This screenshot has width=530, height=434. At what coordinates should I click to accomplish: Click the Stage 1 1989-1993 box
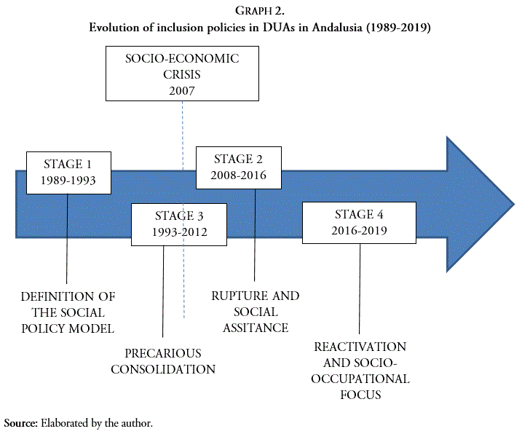coord(68,172)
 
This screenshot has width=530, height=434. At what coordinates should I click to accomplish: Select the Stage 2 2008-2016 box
coord(240,167)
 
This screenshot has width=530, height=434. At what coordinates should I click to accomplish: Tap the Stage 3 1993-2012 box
coord(180,224)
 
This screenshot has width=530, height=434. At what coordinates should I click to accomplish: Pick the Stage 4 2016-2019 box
coord(358,223)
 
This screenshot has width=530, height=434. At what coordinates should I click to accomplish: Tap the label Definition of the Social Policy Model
coord(68,312)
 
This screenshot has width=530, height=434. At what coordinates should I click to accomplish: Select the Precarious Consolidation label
coord(163,361)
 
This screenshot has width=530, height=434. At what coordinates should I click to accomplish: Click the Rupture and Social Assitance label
coord(255,312)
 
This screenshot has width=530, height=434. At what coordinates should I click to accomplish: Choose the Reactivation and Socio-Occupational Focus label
coord(360,371)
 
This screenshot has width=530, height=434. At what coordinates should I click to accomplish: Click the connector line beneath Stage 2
coord(254,233)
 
